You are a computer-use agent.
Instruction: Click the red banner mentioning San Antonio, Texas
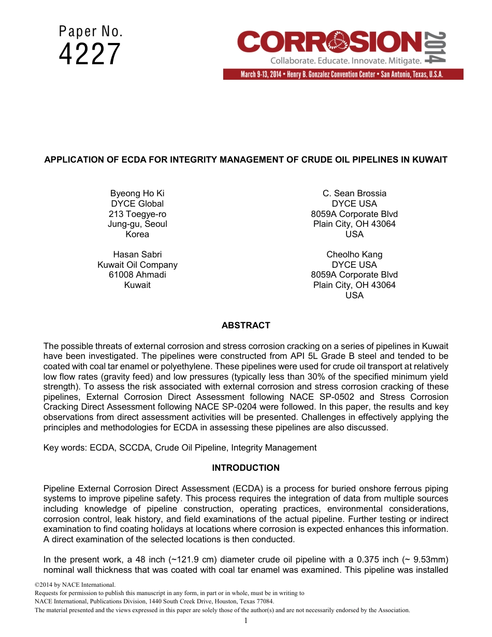pyautogui.click(x=343, y=75)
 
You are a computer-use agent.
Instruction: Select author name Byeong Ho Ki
pyautogui.click(x=137, y=194)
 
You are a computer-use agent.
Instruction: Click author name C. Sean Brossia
pyautogui.click(x=354, y=194)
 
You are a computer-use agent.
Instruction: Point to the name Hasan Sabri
pyautogui.click(x=137, y=255)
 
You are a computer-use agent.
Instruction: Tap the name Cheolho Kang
pyautogui.click(x=354, y=255)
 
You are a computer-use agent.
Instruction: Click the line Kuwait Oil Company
pyautogui.click(x=137, y=265)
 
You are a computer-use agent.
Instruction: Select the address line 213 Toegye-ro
pyautogui.click(x=137, y=214)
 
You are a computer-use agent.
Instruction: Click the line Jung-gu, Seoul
pyautogui.click(x=137, y=224)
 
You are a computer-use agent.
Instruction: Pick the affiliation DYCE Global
pyautogui.click(x=137, y=204)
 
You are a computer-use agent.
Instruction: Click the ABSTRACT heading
pyautogui.click(x=245, y=326)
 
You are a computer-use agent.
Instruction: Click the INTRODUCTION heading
pyautogui.click(x=245, y=468)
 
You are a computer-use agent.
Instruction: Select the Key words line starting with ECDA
pyautogui.click(x=180, y=448)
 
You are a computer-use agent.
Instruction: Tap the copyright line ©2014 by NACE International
pyautogui.click(x=67, y=585)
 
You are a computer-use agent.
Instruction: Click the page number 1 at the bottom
pyautogui.click(x=246, y=621)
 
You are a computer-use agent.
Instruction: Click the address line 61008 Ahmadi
pyautogui.click(x=137, y=275)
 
